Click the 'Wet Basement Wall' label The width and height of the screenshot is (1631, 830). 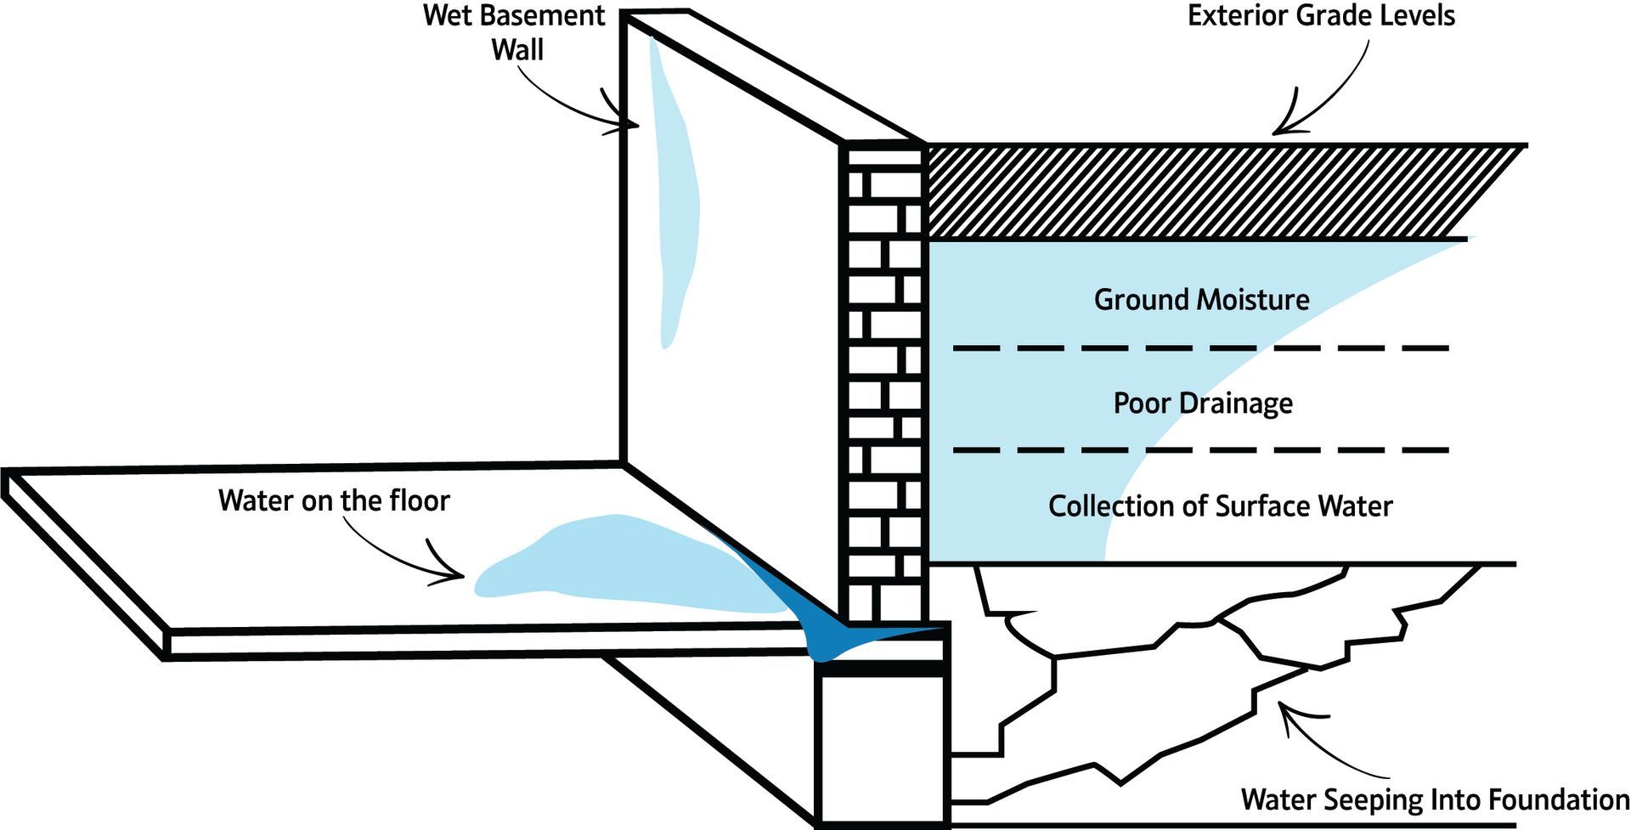point(515,32)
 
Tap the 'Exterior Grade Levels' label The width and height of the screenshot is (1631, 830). point(1321,16)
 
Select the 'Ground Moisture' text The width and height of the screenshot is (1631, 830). point(1201,300)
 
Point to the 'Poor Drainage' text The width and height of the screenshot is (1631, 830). point(1203,403)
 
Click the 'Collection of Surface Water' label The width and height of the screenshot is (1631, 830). point(1220,506)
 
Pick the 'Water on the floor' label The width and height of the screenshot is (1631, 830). point(334,500)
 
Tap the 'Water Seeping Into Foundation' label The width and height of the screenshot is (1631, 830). point(1435,799)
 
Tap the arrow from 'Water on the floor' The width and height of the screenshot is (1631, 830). point(399,552)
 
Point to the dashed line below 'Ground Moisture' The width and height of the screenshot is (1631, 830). point(1200,348)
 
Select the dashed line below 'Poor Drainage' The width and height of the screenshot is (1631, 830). point(1200,450)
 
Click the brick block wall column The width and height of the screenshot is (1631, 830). point(883,382)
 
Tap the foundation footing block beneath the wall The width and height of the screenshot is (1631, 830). point(882,748)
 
